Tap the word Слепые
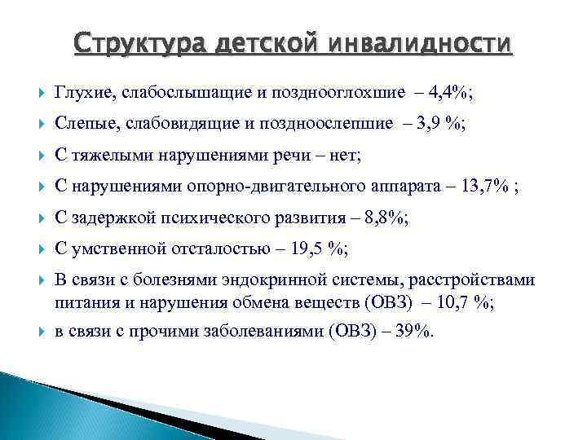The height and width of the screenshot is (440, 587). pos(83,125)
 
